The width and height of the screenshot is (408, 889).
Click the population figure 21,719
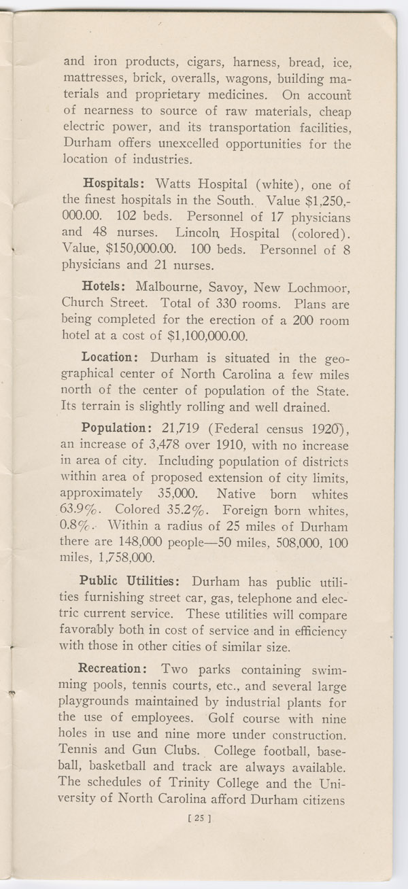192,429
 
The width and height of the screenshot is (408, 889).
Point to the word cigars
192,63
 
